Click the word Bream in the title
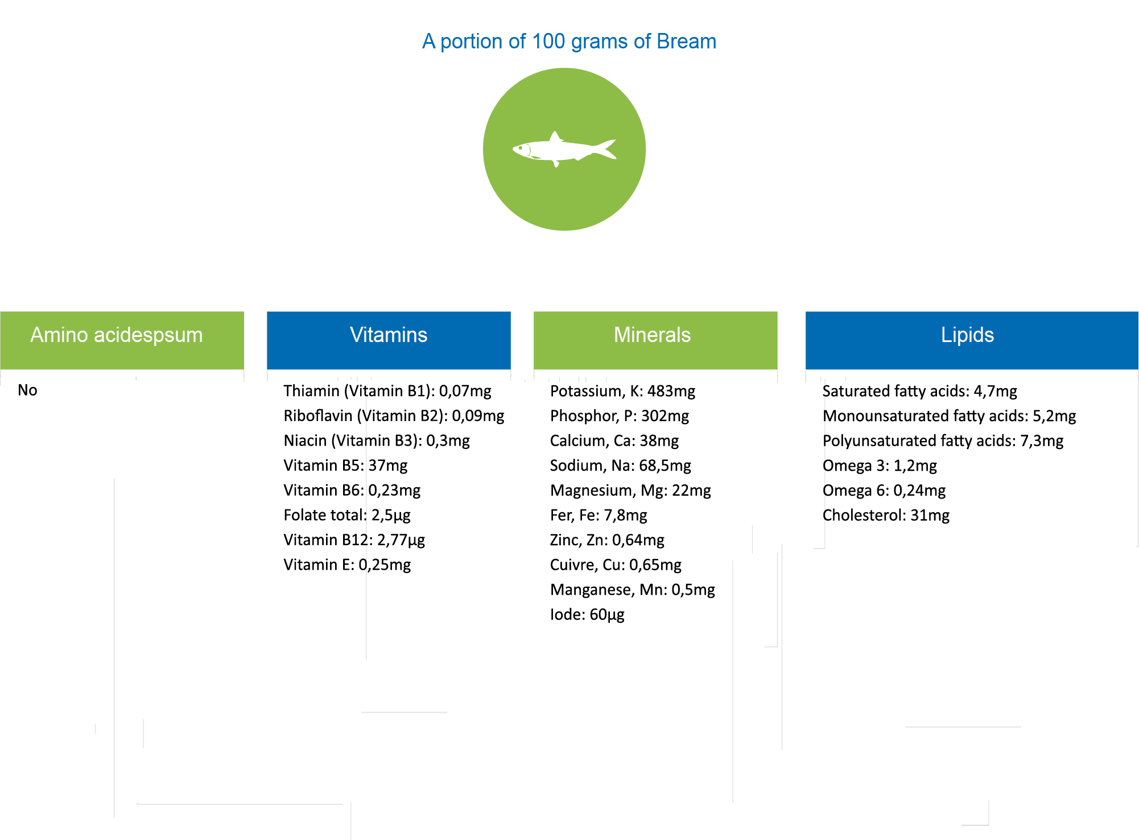pos(686,42)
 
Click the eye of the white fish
pos(519,149)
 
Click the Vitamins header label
pos(389,335)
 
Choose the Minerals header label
pos(652,335)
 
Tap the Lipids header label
pos(967,335)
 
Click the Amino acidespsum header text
pos(116,335)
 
